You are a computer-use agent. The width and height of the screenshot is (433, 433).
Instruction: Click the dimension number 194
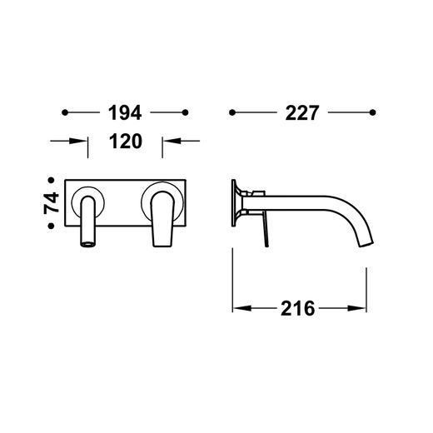click(125, 112)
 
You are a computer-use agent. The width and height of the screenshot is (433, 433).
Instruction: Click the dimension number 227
click(302, 112)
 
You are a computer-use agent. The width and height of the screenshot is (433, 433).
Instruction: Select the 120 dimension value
click(126, 142)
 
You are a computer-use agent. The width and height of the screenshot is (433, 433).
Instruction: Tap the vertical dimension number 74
click(52, 203)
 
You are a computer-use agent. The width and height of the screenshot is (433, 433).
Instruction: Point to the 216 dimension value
click(298, 308)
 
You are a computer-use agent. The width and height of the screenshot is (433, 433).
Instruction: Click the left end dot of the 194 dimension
click(65, 112)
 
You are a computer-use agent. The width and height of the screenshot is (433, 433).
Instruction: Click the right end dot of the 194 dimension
click(186, 112)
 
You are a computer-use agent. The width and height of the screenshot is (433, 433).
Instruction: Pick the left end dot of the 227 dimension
click(232, 112)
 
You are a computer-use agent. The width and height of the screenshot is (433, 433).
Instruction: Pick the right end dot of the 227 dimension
click(373, 112)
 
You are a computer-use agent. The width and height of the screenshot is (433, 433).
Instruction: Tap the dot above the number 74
click(51, 181)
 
